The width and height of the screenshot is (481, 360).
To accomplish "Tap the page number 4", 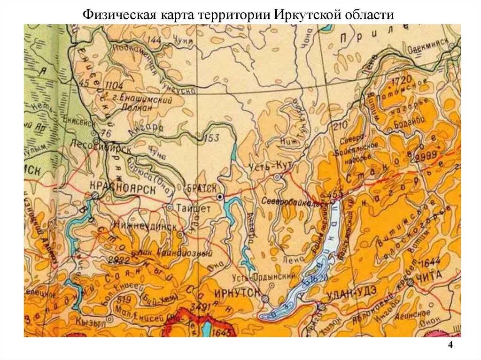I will click(450, 345).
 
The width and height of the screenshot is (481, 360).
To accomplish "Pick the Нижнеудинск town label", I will click(144, 226).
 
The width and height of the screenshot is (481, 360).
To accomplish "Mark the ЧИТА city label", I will click(429, 276).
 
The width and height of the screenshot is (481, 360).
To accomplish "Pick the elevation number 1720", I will click(399, 78).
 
